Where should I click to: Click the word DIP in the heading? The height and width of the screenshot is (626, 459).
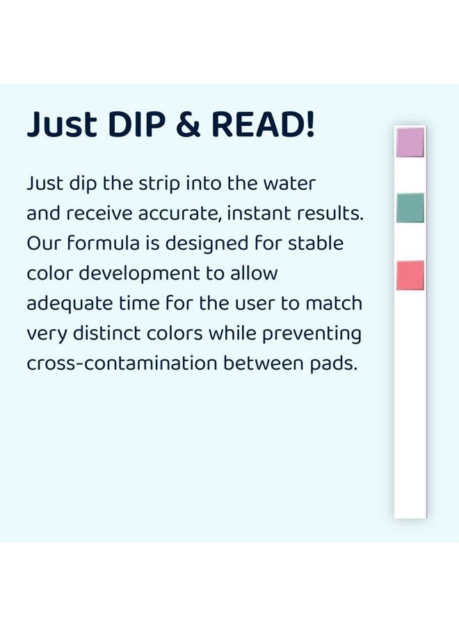[x=136, y=125]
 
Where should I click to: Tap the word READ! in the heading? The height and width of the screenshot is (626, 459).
[x=263, y=125]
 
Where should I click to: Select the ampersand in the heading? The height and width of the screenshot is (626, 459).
[x=188, y=125]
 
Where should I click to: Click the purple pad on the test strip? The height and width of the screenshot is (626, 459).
[x=410, y=142]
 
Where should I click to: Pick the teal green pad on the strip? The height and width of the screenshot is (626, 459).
[x=410, y=207]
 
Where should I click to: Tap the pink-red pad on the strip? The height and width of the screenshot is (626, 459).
[x=410, y=275]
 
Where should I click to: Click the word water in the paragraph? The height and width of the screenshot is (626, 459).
[x=289, y=184]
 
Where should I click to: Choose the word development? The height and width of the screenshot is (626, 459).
[x=139, y=274]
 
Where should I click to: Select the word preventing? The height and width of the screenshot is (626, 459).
[x=312, y=335]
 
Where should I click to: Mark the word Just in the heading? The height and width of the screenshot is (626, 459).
[x=62, y=125]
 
